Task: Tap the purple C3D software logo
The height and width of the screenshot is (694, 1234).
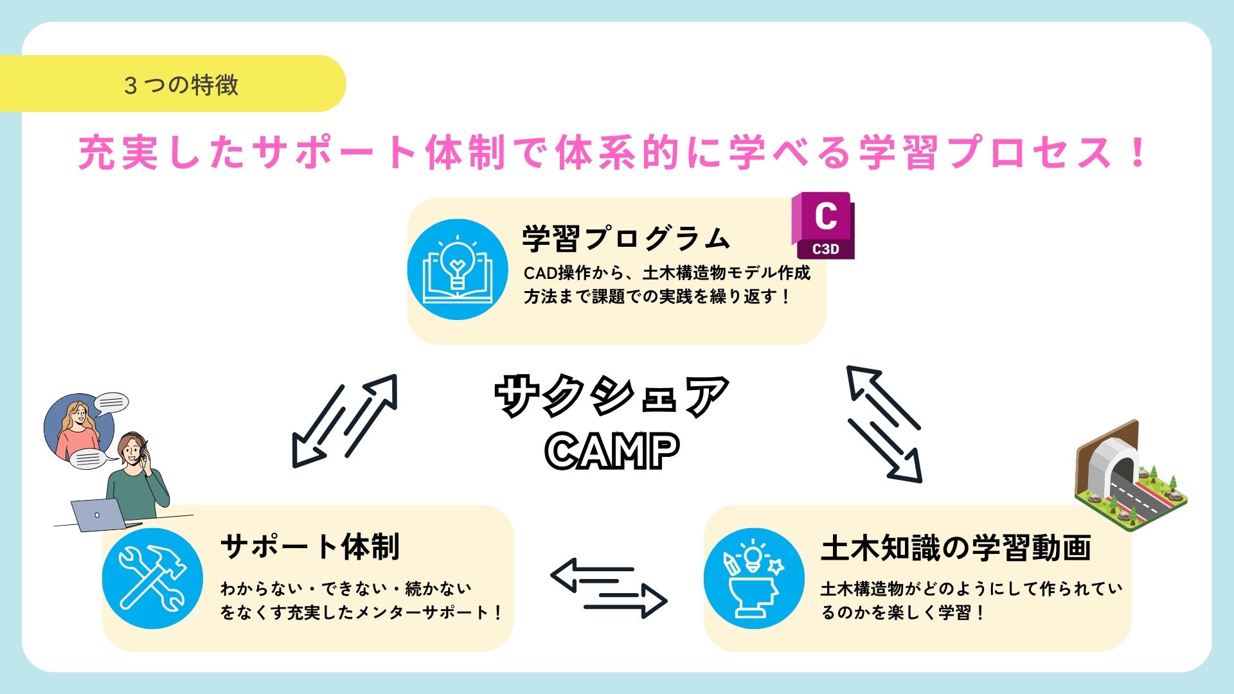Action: [823, 226]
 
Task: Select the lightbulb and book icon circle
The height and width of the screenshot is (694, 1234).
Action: [457, 269]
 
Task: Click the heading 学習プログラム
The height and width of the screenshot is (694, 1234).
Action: [626, 238]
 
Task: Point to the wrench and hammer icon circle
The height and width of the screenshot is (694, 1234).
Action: [152, 578]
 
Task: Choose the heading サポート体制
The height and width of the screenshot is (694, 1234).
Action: [310, 547]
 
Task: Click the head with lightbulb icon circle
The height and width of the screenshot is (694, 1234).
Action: [753, 578]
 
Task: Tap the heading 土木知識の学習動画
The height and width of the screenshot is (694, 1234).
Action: [956, 548]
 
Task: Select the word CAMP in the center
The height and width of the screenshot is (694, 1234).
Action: [611, 450]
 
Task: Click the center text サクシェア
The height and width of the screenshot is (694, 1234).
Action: [611, 396]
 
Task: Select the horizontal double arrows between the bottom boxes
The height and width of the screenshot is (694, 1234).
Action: [609, 588]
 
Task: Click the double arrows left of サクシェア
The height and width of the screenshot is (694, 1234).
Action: [345, 420]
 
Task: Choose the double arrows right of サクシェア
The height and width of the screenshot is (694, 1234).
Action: [884, 423]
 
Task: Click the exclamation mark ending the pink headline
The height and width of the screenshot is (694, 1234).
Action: [1138, 153]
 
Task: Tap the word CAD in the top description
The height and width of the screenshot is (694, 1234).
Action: [539, 273]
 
